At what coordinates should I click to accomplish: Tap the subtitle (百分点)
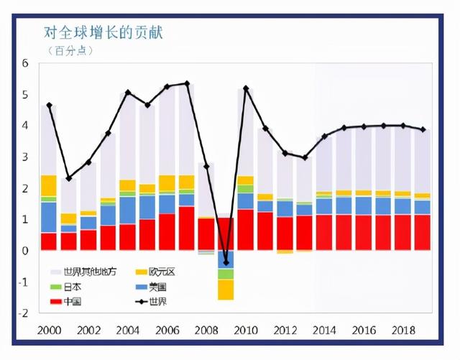[x=75, y=51]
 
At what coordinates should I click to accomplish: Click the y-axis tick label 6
[x=25, y=63]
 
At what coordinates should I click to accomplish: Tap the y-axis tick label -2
[x=24, y=313]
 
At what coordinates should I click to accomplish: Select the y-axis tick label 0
[x=25, y=251]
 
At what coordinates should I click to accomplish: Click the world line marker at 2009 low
[x=226, y=262]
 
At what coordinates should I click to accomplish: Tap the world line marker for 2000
[x=49, y=105]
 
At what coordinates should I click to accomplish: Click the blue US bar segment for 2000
[x=49, y=217]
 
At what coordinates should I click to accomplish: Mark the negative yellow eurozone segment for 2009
[x=226, y=290]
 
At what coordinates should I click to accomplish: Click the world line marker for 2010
[x=246, y=88]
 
